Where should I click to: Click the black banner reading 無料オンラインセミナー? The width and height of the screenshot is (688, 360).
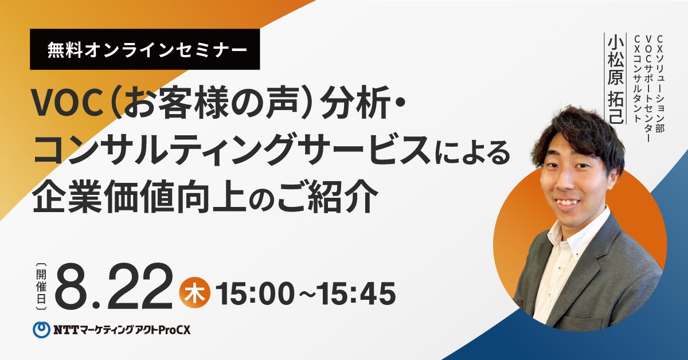[x=144, y=49]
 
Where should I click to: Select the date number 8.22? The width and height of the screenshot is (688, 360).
[x=114, y=286]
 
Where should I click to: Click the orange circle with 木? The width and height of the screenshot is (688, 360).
[x=195, y=293]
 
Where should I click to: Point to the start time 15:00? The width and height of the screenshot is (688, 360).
[x=255, y=294]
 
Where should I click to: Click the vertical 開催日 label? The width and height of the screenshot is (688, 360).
[x=41, y=286]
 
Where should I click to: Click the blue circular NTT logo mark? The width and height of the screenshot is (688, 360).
[x=41, y=330]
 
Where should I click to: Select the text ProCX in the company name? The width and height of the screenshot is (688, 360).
[x=174, y=330]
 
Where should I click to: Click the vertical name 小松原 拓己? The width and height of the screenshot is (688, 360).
[x=615, y=79]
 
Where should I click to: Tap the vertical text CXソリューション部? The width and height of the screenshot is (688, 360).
[x=659, y=84]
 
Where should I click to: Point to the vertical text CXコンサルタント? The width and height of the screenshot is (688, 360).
[x=638, y=79]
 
